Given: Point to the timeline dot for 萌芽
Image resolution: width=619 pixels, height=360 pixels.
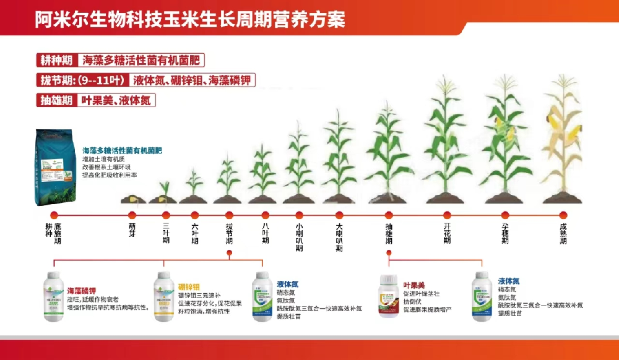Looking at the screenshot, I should point(132,215).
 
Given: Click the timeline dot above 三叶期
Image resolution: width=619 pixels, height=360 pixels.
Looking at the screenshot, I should point(165,215).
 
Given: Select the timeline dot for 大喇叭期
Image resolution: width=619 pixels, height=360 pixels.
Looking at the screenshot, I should point(339,215).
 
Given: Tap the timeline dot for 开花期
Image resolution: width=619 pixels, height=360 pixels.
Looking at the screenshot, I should point(447,215).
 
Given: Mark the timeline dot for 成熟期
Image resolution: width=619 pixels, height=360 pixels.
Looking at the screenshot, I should point(563,215).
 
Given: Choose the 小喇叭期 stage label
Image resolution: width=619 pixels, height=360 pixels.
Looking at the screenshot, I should point(299,236).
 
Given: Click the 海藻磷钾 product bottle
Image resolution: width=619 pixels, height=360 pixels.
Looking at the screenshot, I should point(53,296).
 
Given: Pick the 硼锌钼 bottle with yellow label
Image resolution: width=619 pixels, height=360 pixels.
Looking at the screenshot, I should point(163,296).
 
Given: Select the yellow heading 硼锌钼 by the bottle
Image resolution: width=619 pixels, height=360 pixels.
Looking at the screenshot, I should point(189,286).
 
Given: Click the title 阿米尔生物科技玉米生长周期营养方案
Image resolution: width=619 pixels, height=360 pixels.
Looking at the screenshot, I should point(190,19).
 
